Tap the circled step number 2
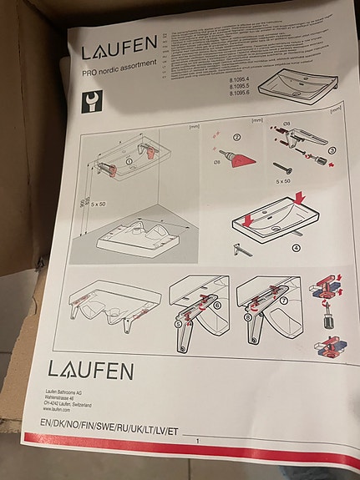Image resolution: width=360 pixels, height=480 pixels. tap(236, 137)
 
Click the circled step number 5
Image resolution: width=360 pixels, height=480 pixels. tap(177, 321)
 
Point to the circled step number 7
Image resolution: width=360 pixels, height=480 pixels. tap(283, 300)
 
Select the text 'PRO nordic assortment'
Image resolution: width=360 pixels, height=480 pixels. tap(120, 74)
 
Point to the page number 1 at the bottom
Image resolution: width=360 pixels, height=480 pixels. tap(198, 441)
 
